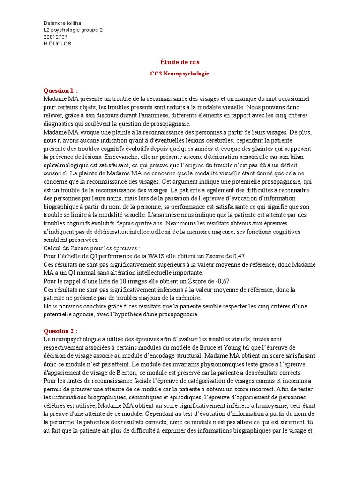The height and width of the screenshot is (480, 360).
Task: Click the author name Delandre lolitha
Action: point(63,23)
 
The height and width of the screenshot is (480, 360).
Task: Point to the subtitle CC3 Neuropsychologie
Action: point(180,74)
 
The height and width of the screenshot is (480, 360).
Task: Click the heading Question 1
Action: point(60,90)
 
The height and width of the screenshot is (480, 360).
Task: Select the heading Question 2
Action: point(60,331)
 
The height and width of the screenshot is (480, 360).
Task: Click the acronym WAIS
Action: point(154,256)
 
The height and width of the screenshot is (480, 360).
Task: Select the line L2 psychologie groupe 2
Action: point(73,30)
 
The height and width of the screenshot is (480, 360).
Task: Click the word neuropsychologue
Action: point(75,339)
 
